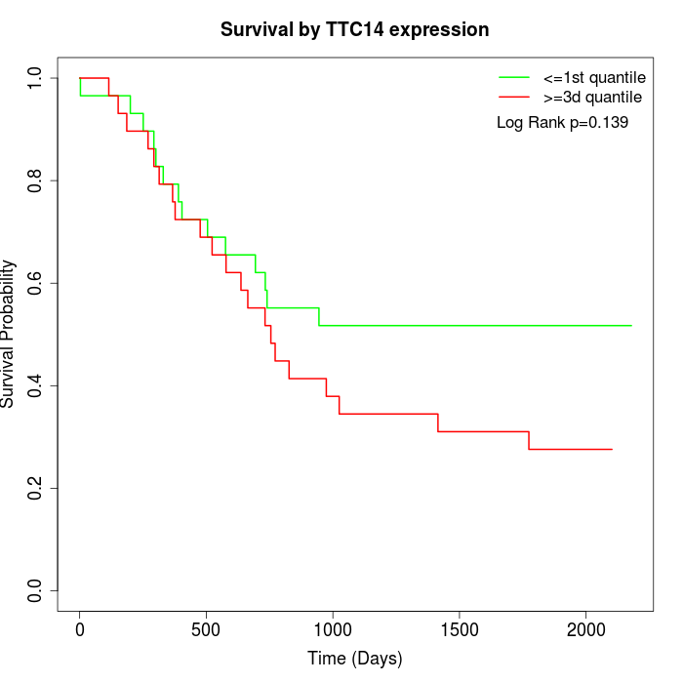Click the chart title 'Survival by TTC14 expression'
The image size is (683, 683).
click(x=355, y=30)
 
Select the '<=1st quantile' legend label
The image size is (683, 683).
click(x=594, y=76)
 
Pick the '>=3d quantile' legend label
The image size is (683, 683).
click(x=592, y=97)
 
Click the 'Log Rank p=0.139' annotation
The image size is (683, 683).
click(x=562, y=123)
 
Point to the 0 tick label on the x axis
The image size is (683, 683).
click(x=80, y=628)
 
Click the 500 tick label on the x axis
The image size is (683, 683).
click(x=206, y=628)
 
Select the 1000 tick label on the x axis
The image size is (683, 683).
click(x=333, y=628)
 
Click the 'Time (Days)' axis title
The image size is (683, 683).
click(x=355, y=660)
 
